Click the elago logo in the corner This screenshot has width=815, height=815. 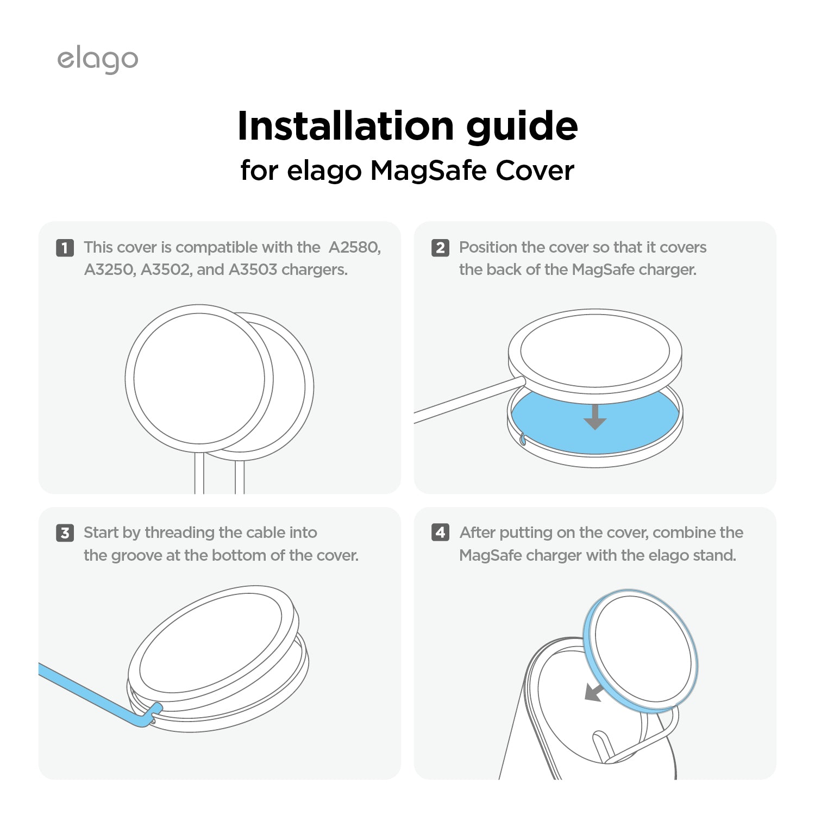(98, 60)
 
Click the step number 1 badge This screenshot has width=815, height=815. (65, 248)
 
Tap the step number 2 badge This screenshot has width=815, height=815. (440, 248)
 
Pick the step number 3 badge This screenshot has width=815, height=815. (65, 533)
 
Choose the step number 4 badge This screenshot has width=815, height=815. (440, 532)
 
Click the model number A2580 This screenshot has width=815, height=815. (354, 248)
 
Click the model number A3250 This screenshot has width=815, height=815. (110, 270)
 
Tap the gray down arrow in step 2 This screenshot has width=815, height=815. (595, 417)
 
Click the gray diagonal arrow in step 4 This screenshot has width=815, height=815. (593, 693)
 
